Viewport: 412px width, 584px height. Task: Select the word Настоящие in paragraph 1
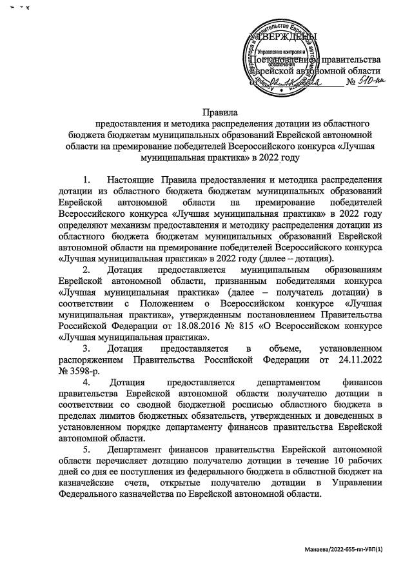(x=131, y=179)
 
